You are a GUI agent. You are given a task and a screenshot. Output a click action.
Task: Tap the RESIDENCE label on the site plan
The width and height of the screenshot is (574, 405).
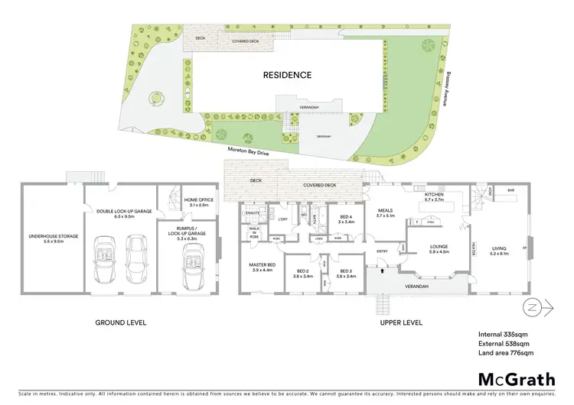click(x=287, y=75)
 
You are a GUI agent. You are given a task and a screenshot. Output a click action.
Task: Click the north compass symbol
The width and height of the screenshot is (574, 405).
click(x=531, y=308)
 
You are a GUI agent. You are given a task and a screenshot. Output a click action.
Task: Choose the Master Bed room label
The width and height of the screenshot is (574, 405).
click(x=261, y=267)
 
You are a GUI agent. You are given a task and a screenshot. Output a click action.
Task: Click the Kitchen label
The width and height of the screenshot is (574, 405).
click(x=434, y=196)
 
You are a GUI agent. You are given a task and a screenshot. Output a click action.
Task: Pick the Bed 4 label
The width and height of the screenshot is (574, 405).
click(x=346, y=219)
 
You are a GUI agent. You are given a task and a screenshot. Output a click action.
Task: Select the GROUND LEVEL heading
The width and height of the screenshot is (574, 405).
click(x=120, y=322)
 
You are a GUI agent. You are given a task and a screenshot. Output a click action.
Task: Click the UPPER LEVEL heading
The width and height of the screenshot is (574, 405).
click(x=401, y=322)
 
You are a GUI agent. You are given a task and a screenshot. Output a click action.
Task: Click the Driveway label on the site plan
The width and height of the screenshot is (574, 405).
click(x=325, y=137)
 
